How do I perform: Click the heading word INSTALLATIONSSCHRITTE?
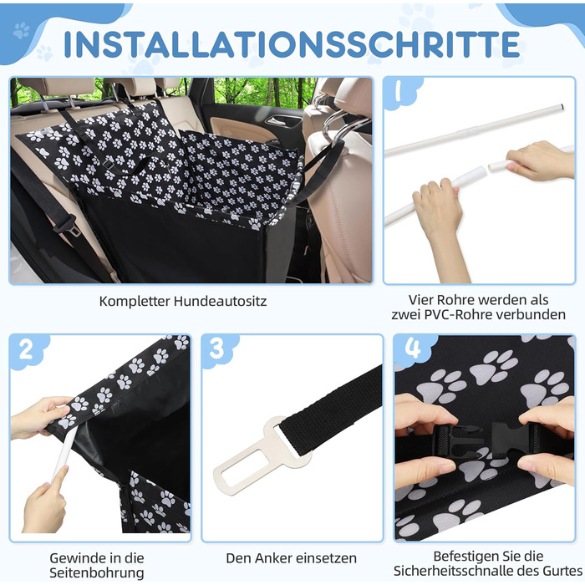292,44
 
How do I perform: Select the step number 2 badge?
26,350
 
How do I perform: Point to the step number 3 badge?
216,348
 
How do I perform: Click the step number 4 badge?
413,348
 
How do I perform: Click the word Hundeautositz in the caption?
220,301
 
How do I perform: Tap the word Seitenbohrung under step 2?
97,572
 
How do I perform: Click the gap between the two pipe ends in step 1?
486,167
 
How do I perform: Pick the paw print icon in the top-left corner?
21,31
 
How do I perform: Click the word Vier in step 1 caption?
420,300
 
